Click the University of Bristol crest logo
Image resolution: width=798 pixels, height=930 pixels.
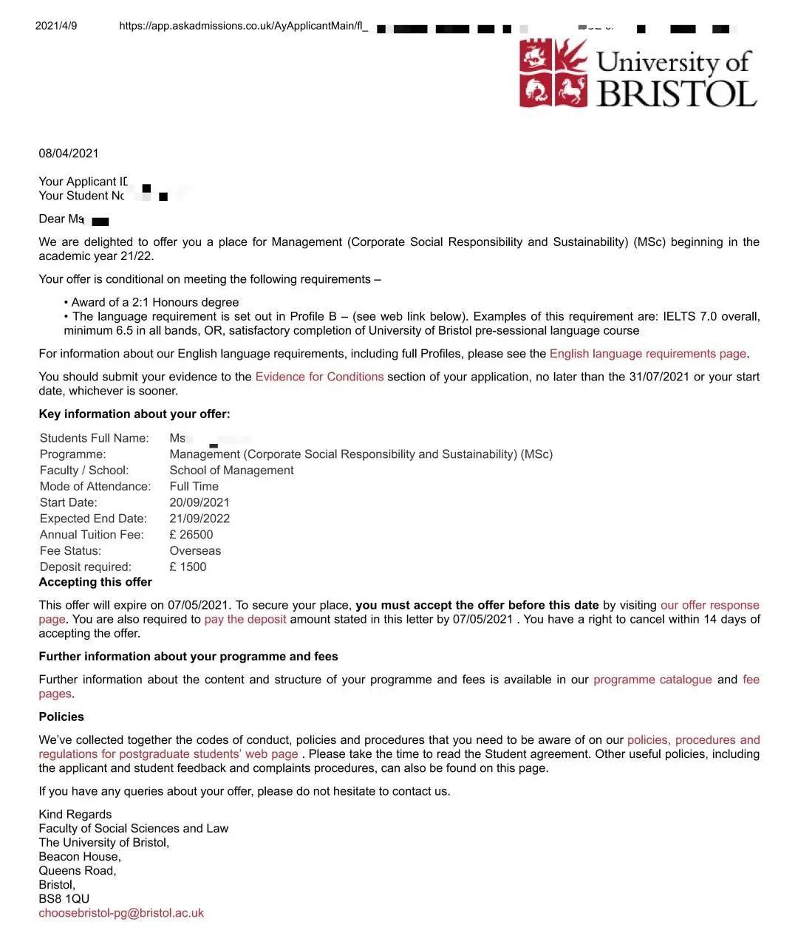tap(554, 73)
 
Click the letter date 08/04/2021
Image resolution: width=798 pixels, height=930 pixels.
tap(69, 154)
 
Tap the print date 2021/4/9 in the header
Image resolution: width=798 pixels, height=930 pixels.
tap(56, 26)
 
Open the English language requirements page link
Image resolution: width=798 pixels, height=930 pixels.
tap(648, 354)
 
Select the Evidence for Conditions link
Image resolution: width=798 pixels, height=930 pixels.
tap(319, 377)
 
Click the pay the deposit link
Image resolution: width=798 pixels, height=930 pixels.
tap(245, 619)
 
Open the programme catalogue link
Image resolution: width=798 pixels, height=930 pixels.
tap(652, 680)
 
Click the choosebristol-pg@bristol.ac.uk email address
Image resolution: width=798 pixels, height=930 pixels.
tap(121, 913)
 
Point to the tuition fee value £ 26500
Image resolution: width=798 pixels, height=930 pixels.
tap(191, 535)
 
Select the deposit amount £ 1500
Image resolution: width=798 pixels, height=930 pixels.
tap(188, 567)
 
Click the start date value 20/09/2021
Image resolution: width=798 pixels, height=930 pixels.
tap(199, 502)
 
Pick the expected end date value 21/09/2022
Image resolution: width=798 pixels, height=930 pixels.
tap(199, 519)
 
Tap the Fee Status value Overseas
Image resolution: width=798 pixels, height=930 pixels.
tap(195, 551)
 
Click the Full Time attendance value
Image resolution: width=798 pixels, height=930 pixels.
tap(194, 486)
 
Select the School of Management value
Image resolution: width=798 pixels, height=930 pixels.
tap(231, 471)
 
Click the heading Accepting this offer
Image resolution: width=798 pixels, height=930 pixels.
tap(95, 582)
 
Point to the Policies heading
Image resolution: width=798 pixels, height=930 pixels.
tap(61, 717)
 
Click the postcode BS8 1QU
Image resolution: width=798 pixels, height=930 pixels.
tap(64, 899)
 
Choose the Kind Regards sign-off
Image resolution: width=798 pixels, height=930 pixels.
tap(75, 815)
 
